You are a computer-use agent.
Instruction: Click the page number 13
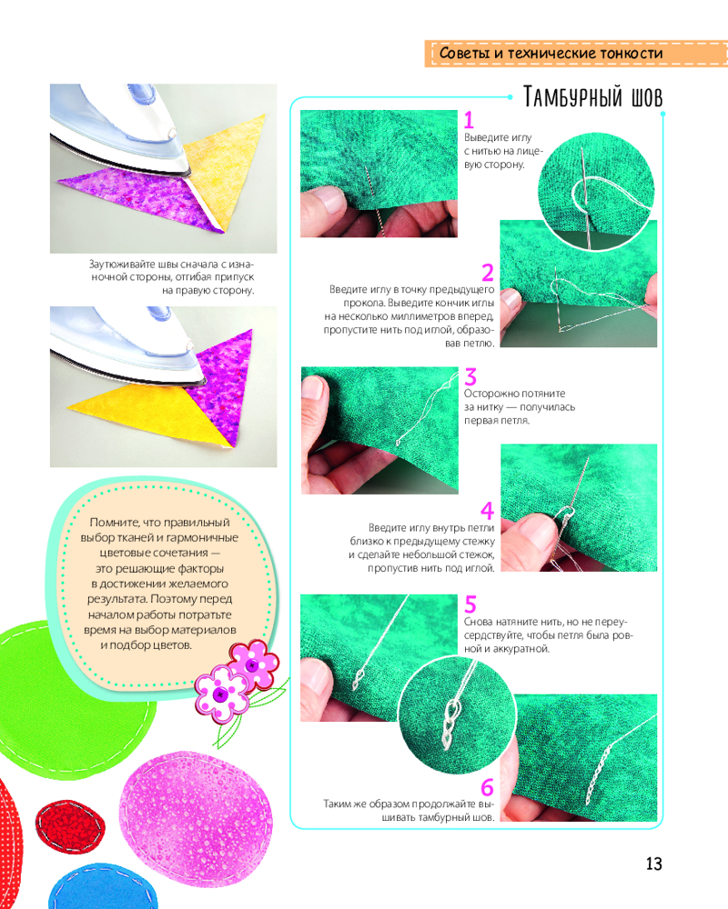(653, 864)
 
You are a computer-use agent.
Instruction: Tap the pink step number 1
(469, 120)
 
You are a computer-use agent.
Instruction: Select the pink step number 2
(488, 272)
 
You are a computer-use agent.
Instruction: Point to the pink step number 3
(470, 377)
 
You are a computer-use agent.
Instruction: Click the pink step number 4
(488, 511)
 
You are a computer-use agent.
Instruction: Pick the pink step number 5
(470, 604)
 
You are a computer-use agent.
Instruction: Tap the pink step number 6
(488, 787)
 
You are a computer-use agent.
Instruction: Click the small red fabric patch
(70, 826)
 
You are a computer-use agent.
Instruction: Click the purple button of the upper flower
(253, 665)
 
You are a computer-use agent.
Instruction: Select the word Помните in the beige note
(115, 523)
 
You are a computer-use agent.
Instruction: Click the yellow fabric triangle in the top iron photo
(226, 168)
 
